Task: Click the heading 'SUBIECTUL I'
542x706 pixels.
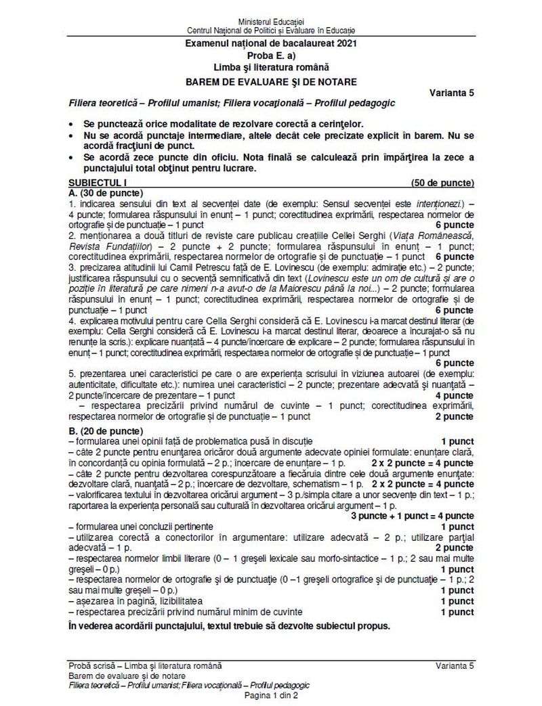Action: (x=98, y=183)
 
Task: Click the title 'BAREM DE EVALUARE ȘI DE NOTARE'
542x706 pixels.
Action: (x=272, y=82)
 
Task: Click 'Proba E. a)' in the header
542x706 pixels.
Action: (x=272, y=56)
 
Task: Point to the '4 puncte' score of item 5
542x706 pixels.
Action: (x=454, y=395)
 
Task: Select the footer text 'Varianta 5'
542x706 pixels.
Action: (x=455, y=667)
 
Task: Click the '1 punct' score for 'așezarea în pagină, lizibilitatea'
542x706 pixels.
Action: (x=457, y=601)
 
